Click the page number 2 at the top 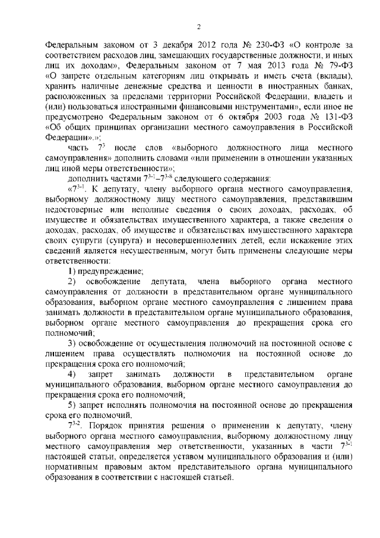coord(199,27)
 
